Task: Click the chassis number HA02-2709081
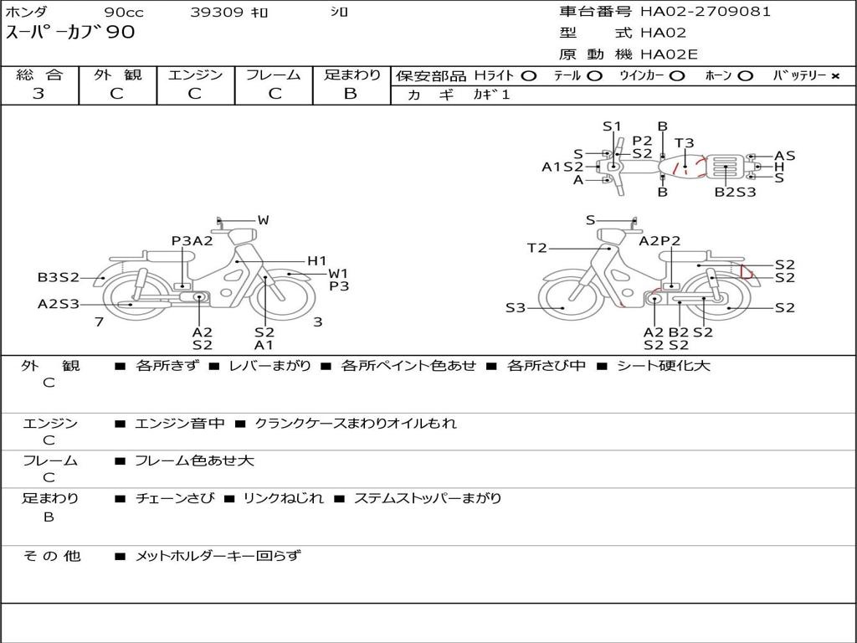705,11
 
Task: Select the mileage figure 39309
216,12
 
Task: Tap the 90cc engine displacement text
124,12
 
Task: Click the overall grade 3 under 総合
38,94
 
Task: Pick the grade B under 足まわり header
351,94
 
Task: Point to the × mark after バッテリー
834,76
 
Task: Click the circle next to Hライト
529,76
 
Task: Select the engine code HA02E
669,54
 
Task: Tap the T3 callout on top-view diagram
684,142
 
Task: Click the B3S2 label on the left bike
59,277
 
